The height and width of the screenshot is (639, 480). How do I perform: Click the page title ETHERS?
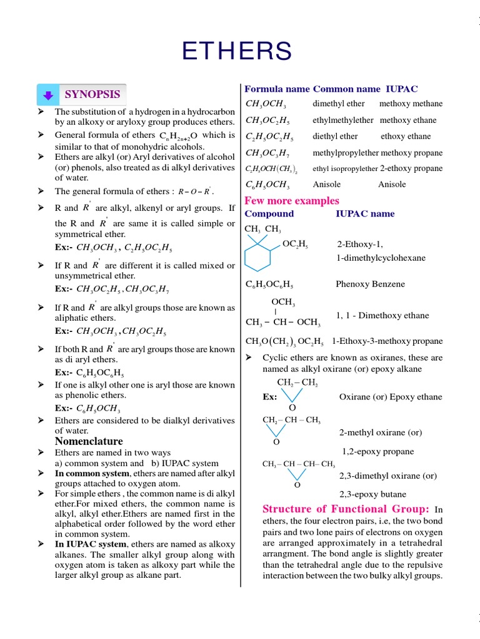pos(237,51)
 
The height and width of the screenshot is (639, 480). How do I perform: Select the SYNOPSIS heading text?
pos(92,94)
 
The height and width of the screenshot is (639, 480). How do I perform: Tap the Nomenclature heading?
pos(89,441)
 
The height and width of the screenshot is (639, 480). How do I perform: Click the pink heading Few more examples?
pos(292,200)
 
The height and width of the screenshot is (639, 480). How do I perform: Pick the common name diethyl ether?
pos(335,136)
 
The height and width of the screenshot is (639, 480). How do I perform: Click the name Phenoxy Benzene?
pos(370,284)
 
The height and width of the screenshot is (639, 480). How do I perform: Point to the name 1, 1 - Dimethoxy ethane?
pos(382,316)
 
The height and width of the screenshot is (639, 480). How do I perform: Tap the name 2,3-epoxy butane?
pos(376,494)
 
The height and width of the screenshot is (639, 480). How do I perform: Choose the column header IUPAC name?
pos(365,213)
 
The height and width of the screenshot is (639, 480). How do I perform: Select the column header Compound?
pos(269,213)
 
